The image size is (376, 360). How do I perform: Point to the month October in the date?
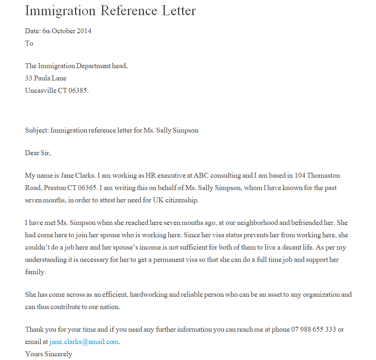click(64, 31)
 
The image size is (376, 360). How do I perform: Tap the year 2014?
click(84, 31)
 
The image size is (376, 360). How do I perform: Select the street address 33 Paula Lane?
click(46, 78)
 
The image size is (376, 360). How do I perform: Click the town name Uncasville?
click(40, 90)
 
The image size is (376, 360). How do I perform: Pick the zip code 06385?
click(78, 90)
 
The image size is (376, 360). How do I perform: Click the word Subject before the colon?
click(36, 131)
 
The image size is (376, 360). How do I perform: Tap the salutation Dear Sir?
click(38, 153)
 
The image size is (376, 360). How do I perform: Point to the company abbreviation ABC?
click(201, 176)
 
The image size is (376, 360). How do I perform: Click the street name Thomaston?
click(323, 176)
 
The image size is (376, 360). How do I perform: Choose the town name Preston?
click(54, 188)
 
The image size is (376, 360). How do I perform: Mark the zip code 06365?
click(87, 188)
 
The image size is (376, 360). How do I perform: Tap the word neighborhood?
click(264, 223)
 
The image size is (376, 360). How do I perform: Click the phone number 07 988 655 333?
click(314, 330)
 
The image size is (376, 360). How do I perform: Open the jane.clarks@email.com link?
click(84, 342)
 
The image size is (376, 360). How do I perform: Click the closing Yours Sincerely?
click(48, 354)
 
